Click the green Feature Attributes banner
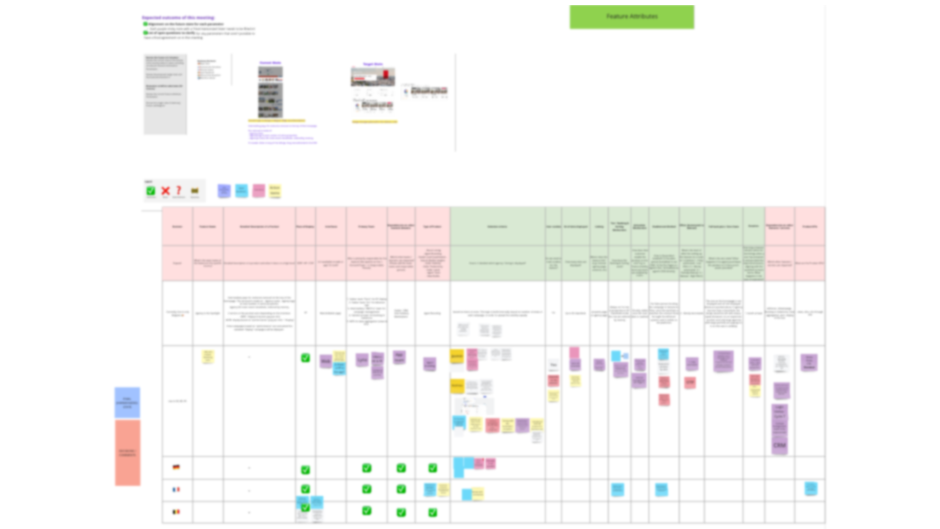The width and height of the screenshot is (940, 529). click(632, 17)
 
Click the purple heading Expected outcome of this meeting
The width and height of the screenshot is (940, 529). click(178, 18)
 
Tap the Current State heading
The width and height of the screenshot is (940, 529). click(270, 63)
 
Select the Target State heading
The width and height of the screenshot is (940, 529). click(373, 64)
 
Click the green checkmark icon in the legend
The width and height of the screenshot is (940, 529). click(151, 191)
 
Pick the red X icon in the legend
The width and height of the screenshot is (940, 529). click(165, 191)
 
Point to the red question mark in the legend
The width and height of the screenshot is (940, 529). click(179, 190)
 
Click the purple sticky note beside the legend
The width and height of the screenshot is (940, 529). click(224, 191)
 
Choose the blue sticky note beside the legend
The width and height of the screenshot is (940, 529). click(241, 191)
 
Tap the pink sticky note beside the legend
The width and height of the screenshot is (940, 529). click(258, 191)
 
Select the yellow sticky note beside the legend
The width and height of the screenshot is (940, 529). click(275, 191)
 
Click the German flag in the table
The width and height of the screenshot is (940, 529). click(176, 467)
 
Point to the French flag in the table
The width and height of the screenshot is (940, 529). click(176, 489)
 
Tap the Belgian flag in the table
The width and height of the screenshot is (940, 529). click(176, 512)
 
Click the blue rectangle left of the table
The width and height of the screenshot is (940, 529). click(127, 403)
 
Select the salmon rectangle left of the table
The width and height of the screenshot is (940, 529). click(127, 453)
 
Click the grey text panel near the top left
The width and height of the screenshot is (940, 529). click(165, 94)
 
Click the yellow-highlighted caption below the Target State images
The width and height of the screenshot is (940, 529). click(375, 121)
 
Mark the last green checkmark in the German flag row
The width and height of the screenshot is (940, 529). click(433, 468)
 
